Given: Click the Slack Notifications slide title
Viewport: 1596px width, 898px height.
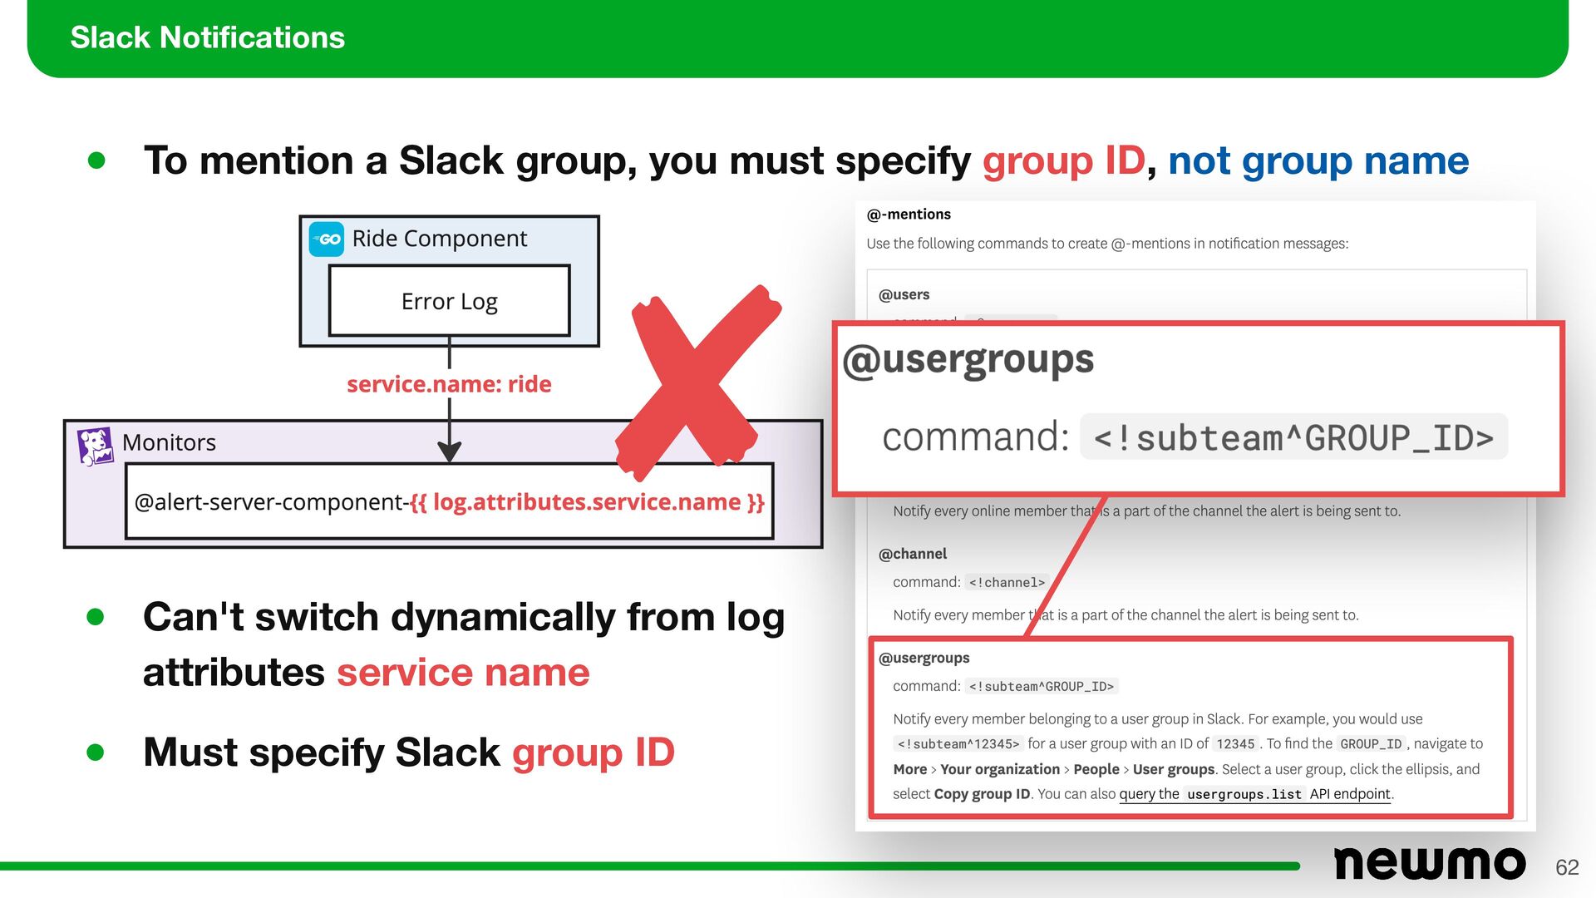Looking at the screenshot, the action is [207, 37].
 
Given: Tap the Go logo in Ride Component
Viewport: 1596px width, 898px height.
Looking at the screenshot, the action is [327, 239].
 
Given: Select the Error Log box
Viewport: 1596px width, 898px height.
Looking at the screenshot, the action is [449, 301].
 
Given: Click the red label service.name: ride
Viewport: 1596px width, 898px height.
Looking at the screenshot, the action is [449, 384].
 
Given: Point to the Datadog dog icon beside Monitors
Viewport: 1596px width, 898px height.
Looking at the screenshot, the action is [95, 446].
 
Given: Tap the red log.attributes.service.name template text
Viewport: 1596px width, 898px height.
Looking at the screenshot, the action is [587, 502].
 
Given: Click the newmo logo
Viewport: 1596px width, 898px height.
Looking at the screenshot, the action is [1429, 864].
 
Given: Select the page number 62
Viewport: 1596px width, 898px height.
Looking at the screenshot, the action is [1567, 867].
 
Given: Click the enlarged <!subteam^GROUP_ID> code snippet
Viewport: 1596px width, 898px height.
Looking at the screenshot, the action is [1293, 437].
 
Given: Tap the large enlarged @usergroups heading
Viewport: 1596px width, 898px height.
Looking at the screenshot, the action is [968, 360].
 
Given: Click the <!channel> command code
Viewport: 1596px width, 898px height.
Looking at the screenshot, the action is [1007, 583].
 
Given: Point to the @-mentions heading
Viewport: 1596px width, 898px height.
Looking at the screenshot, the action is [909, 215].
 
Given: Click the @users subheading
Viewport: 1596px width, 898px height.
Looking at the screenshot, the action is [904, 294].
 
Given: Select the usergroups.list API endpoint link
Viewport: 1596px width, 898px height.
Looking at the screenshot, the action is [1255, 794].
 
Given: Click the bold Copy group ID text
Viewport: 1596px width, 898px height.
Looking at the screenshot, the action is [982, 794].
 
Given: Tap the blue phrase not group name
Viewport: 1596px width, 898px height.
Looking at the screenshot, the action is [1318, 160].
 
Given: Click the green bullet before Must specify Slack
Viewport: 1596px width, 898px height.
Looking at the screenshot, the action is [96, 752].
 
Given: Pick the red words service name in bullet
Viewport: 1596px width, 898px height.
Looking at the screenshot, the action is [463, 673].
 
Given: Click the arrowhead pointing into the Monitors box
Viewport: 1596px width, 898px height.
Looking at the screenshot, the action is [450, 452].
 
